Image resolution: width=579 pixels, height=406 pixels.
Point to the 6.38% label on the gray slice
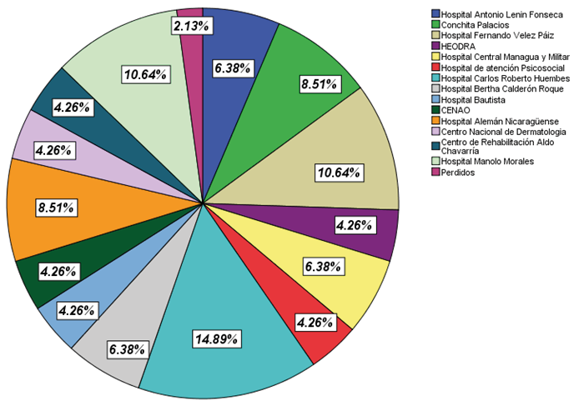click(129, 348)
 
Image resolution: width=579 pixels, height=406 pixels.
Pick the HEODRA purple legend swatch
click(436, 46)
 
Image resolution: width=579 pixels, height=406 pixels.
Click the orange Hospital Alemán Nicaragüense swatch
click(436, 121)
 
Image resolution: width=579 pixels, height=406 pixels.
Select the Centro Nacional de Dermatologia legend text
click(504, 132)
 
